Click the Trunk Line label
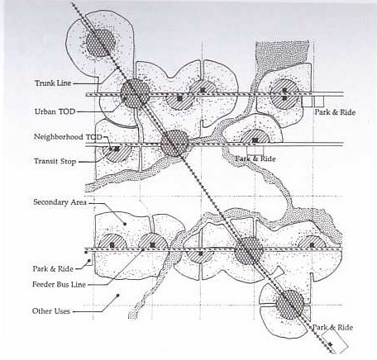[53, 83]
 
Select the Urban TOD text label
[55, 111]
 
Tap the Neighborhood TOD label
[68, 137]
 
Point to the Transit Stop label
[55, 161]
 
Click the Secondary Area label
[60, 202]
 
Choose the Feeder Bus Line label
[59, 284]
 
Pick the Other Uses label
[51, 311]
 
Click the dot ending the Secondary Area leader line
[125, 224]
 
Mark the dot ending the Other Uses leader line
[118, 296]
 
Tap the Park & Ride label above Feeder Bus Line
[53, 268]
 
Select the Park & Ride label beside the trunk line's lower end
[332, 327]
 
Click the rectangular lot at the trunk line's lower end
[335, 342]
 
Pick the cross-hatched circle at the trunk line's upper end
[100, 43]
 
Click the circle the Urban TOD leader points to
[135, 93]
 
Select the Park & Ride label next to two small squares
[335, 112]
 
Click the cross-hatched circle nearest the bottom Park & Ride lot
[290, 305]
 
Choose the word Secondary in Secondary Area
[50, 202]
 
